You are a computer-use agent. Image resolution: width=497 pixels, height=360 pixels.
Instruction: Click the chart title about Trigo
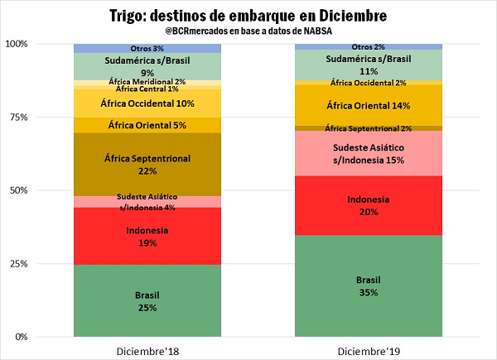tap(248, 16)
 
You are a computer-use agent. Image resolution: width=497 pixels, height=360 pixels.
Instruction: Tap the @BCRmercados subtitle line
tap(248, 31)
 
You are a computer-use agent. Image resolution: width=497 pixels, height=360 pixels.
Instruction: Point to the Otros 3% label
tap(147, 49)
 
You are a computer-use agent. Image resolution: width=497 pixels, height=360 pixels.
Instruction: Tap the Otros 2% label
tap(368, 47)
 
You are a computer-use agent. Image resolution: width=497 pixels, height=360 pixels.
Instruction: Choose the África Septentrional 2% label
tap(369, 128)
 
